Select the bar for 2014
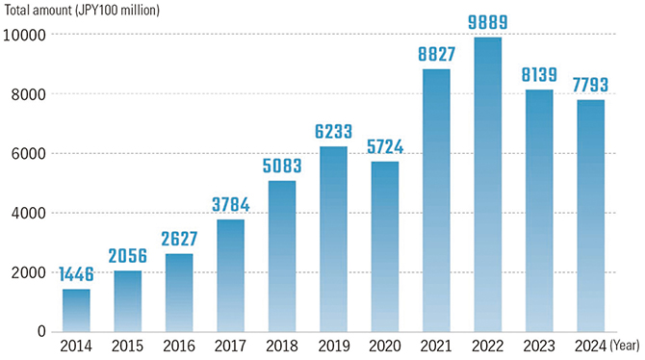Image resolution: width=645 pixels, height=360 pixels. (77, 310)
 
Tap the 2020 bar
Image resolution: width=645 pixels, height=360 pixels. (385, 246)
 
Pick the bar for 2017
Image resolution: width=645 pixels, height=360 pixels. (231, 275)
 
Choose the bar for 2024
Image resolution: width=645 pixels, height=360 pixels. (590, 216)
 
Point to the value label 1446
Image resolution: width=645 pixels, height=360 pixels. (77, 275)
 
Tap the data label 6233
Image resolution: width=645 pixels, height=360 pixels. (333, 133)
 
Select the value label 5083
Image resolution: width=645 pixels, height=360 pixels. (282, 167)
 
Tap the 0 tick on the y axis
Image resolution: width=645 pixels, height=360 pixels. (39, 331)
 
